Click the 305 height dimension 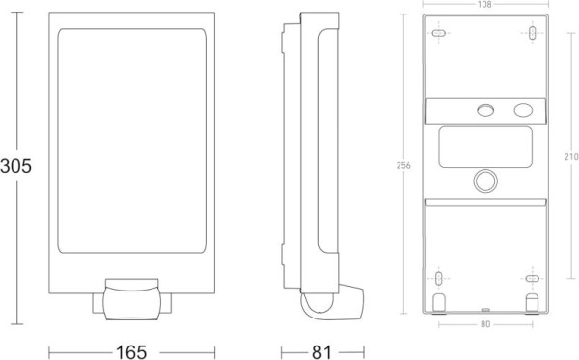point(16,165)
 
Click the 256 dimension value point(403,166)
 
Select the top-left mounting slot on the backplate point(439,35)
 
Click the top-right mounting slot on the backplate point(532,35)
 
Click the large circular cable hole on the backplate point(485,180)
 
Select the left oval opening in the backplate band point(485,109)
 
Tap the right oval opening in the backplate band point(522,109)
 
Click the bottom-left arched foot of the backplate point(440,304)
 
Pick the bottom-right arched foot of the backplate point(531,304)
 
